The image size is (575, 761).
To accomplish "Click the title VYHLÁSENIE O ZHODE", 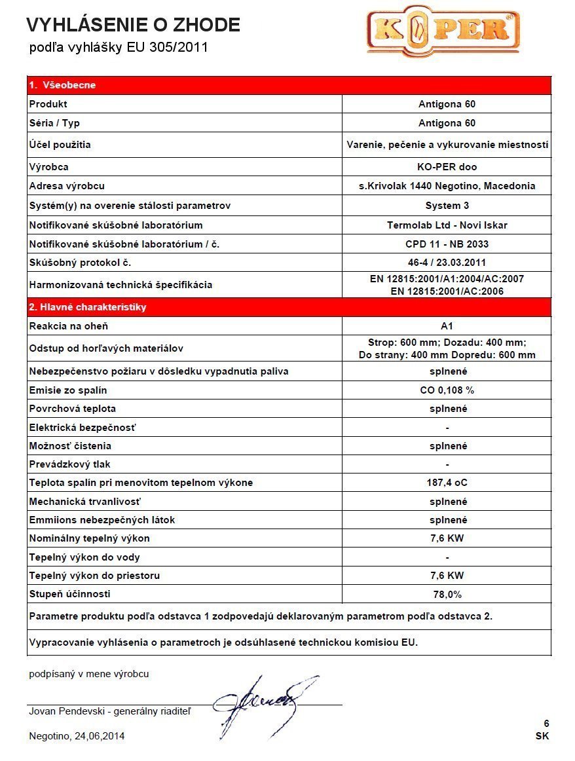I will [x=133, y=26].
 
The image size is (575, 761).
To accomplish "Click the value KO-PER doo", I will [x=447, y=167].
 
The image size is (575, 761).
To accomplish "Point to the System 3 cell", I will [x=447, y=206].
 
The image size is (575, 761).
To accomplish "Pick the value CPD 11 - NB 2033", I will [x=447, y=244].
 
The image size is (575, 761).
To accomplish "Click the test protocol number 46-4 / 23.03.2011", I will [x=447, y=263].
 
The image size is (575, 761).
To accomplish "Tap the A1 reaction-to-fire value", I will [x=447, y=326].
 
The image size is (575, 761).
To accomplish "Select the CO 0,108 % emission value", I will [x=447, y=390].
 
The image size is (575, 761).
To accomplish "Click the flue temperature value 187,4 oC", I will [x=447, y=483].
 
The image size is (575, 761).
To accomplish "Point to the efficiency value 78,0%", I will [x=447, y=595].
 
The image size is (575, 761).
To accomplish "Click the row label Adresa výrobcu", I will [x=67, y=186].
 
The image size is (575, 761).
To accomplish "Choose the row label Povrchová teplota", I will [x=73, y=409].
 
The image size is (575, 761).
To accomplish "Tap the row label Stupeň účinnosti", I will [x=70, y=594].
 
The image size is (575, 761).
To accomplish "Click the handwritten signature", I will [x=262, y=704].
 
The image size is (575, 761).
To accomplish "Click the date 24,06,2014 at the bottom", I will [x=100, y=736].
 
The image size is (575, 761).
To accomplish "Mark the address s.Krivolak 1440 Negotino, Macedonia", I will [x=447, y=186].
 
